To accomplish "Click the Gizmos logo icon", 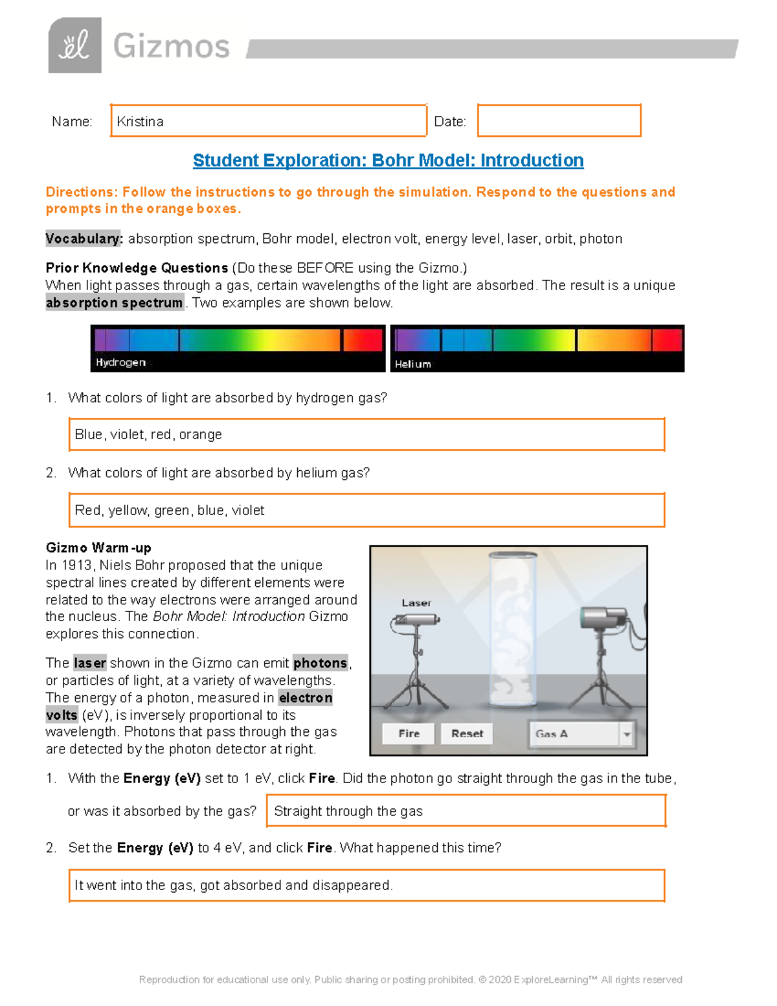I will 74,45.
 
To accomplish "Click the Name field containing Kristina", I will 268,121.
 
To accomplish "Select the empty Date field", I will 559,121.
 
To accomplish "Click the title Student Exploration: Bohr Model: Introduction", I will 388,161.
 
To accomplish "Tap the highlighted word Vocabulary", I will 84,239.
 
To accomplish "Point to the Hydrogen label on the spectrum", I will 120,362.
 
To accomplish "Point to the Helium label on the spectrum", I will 413,364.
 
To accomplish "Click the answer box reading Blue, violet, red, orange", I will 366,435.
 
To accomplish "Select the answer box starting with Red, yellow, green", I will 366,510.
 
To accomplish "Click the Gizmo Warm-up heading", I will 98,548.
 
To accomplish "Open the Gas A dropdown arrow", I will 626,735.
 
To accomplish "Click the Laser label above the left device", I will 416,603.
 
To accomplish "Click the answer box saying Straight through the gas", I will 466,811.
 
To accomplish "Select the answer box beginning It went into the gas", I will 366,886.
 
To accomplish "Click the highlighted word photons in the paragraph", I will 321,663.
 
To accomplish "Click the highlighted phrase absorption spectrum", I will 115,303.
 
